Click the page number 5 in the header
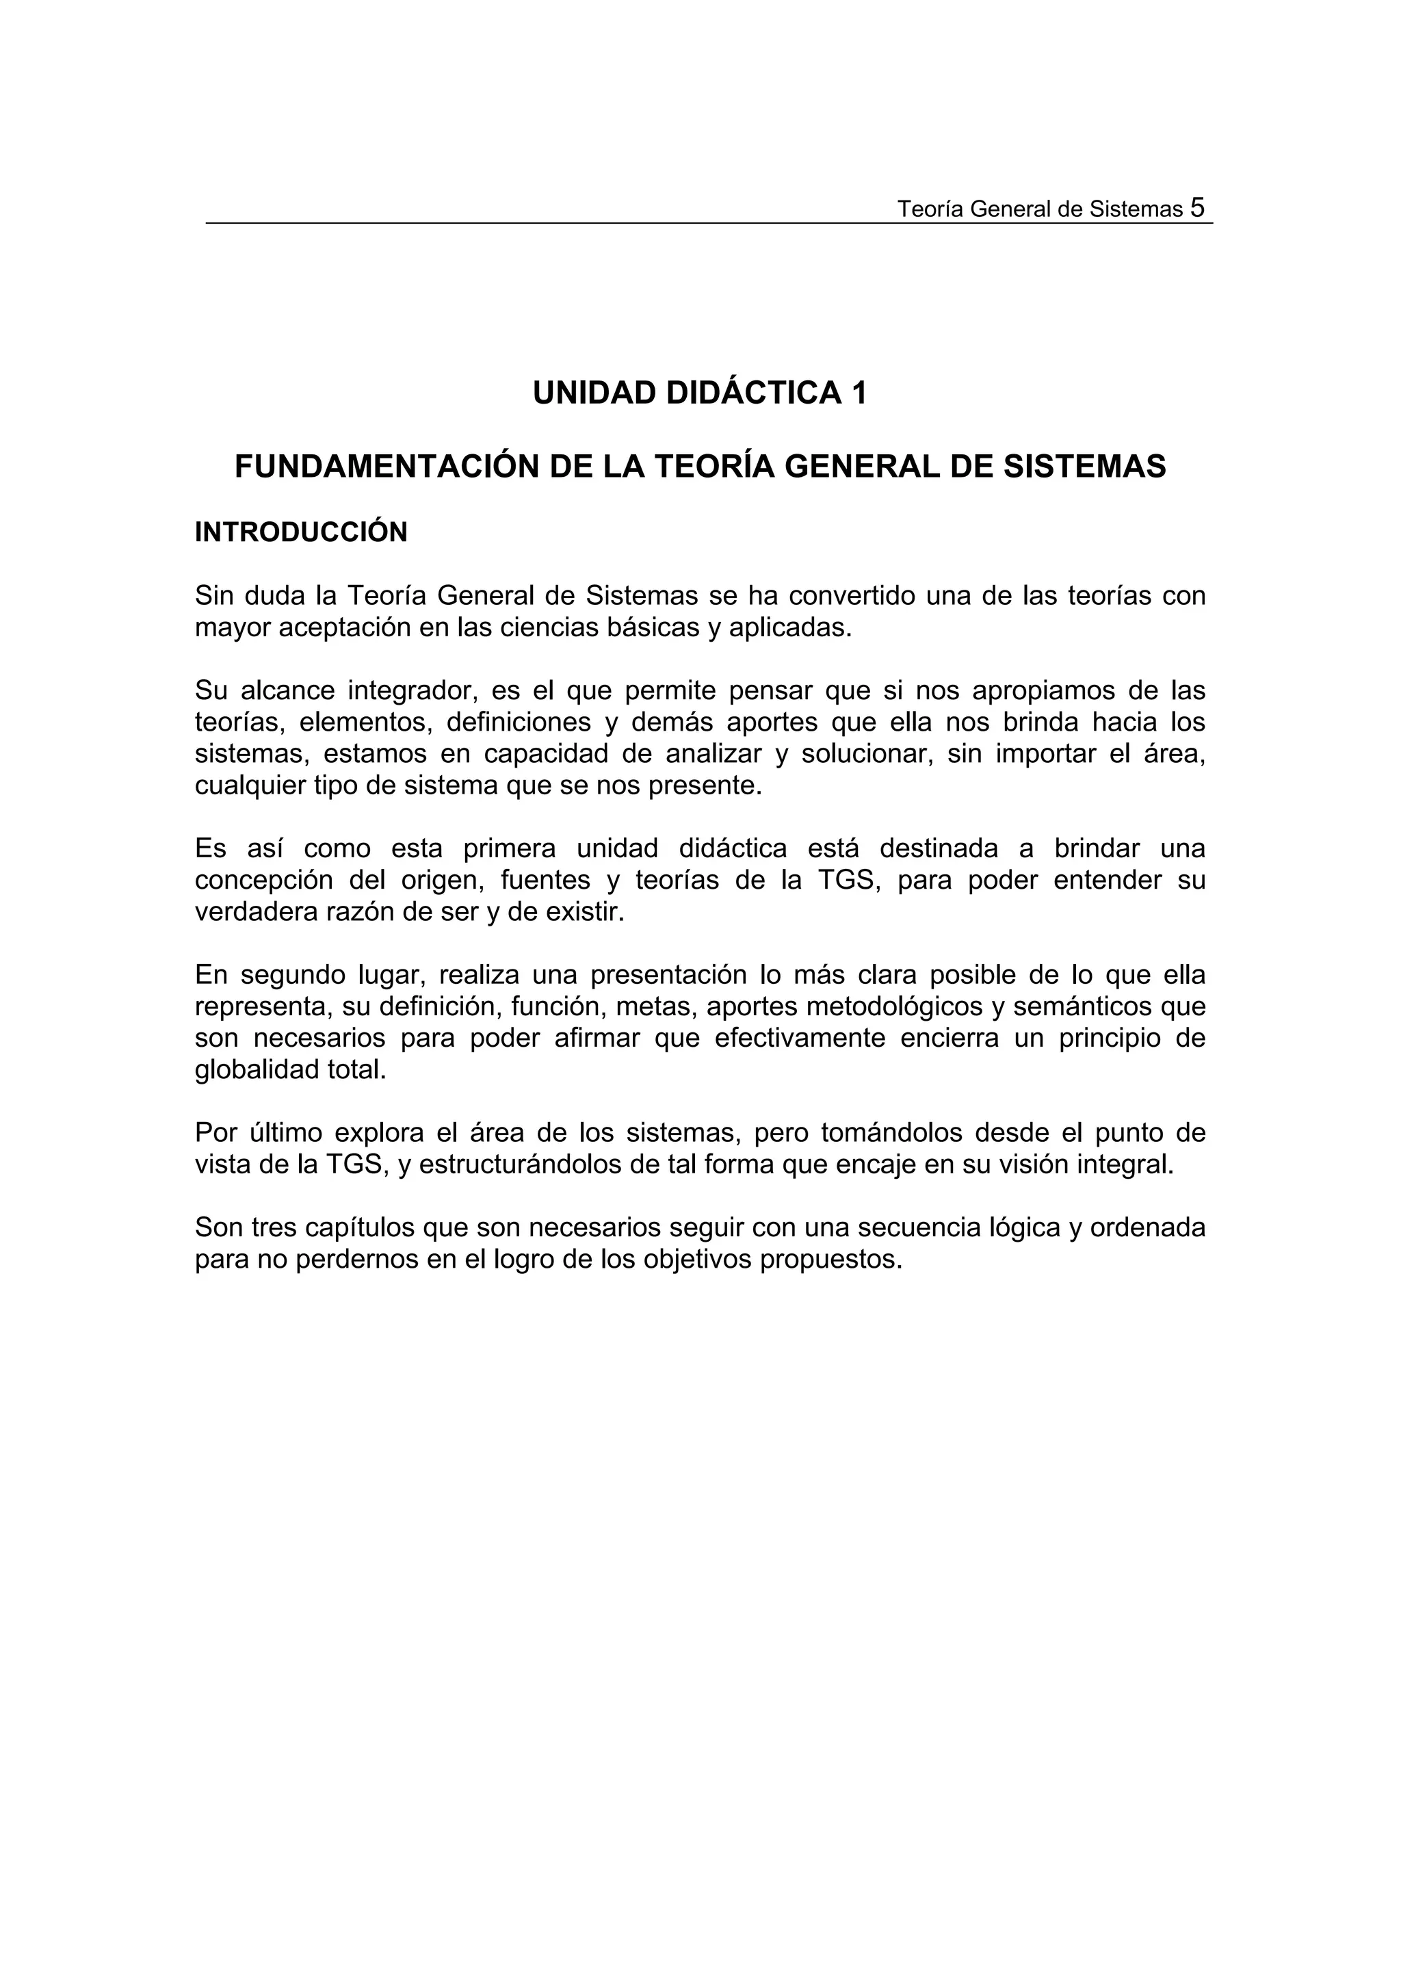pyautogui.click(x=1196, y=207)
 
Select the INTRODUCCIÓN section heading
pyautogui.click(x=301, y=533)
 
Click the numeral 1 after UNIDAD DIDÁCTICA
pyautogui.click(x=859, y=393)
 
